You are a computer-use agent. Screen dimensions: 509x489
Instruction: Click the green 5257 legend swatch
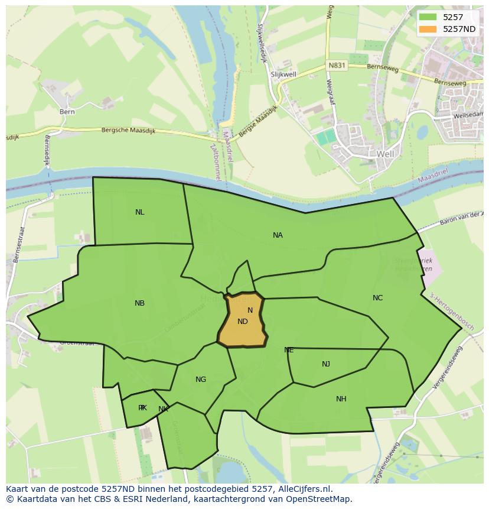(429, 17)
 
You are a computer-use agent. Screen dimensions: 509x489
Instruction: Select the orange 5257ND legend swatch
(429, 28)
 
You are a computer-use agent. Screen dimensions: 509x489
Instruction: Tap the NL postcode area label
(139, 212)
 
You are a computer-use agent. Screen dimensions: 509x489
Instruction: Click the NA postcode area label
(278, 235)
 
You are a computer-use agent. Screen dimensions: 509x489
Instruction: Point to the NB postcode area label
(139, 303)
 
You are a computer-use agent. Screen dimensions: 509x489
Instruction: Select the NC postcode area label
(377, 298)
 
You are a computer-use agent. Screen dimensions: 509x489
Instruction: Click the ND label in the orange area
(243, 322)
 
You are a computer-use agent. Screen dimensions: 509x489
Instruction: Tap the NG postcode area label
(201, 380)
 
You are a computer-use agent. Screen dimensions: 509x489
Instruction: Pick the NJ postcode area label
(326, 364)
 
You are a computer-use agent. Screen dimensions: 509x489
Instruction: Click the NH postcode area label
(341, 399)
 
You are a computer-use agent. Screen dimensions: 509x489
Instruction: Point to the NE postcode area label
(289, 350)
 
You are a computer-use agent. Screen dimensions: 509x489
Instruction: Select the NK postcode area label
(164, 409)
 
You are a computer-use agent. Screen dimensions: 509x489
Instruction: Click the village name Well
(384, 154)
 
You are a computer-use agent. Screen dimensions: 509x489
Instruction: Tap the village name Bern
(67, 111)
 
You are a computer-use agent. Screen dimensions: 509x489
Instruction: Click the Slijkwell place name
(283, 74)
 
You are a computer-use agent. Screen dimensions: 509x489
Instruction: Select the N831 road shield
(337, 66)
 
